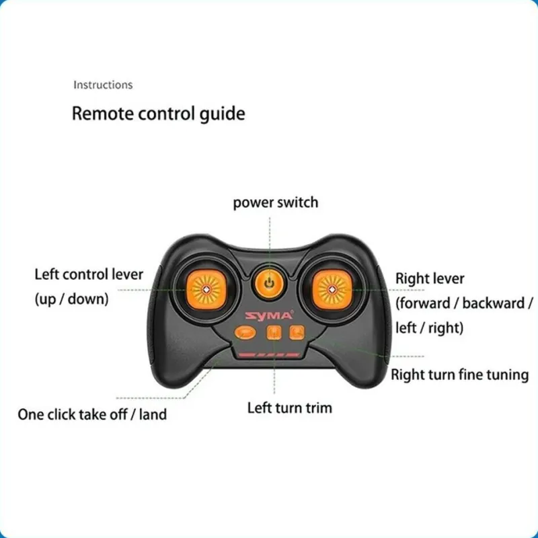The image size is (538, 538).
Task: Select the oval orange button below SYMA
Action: tap(245, 332)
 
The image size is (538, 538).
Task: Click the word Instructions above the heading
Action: tap(103, 85)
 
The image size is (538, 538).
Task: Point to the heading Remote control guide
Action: tap(158, 113)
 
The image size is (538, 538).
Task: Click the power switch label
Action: tap(276, 202)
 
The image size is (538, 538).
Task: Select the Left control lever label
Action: tap(89, 274)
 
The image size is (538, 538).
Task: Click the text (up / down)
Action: tap(71, 299)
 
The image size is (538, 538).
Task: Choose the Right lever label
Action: tap(430, 278)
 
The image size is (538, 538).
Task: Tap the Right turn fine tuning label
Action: tap(460, 375)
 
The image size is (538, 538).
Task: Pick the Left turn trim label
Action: tap(289, 408)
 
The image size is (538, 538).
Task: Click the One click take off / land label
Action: tap(92, 414)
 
